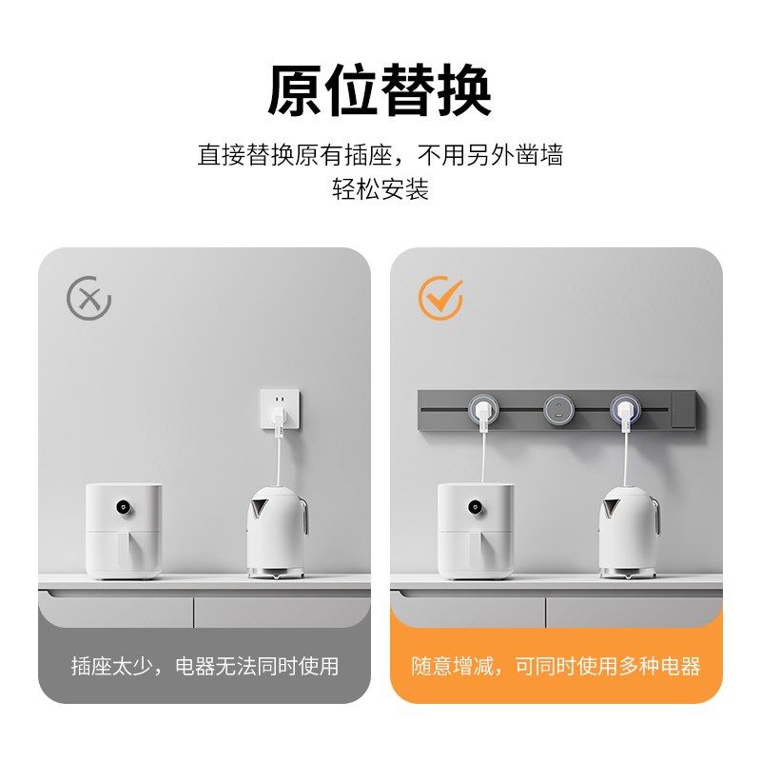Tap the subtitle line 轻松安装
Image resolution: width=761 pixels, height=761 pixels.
click(x=380, y=188)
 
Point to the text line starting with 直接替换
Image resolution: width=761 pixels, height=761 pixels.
click(x=380, y=155)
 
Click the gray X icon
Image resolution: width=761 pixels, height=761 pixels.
click(x=89, y=299)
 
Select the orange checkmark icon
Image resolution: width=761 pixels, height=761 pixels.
click(x=441, y=299)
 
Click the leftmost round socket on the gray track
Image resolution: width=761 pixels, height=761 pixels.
click(x=485, y=410)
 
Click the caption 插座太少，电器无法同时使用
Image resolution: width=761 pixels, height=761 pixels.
click(x=205, y=666)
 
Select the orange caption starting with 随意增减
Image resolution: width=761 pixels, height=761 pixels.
click(x=556, y=666)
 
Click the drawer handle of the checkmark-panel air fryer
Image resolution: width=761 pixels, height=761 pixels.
click(x=476, y=552)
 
